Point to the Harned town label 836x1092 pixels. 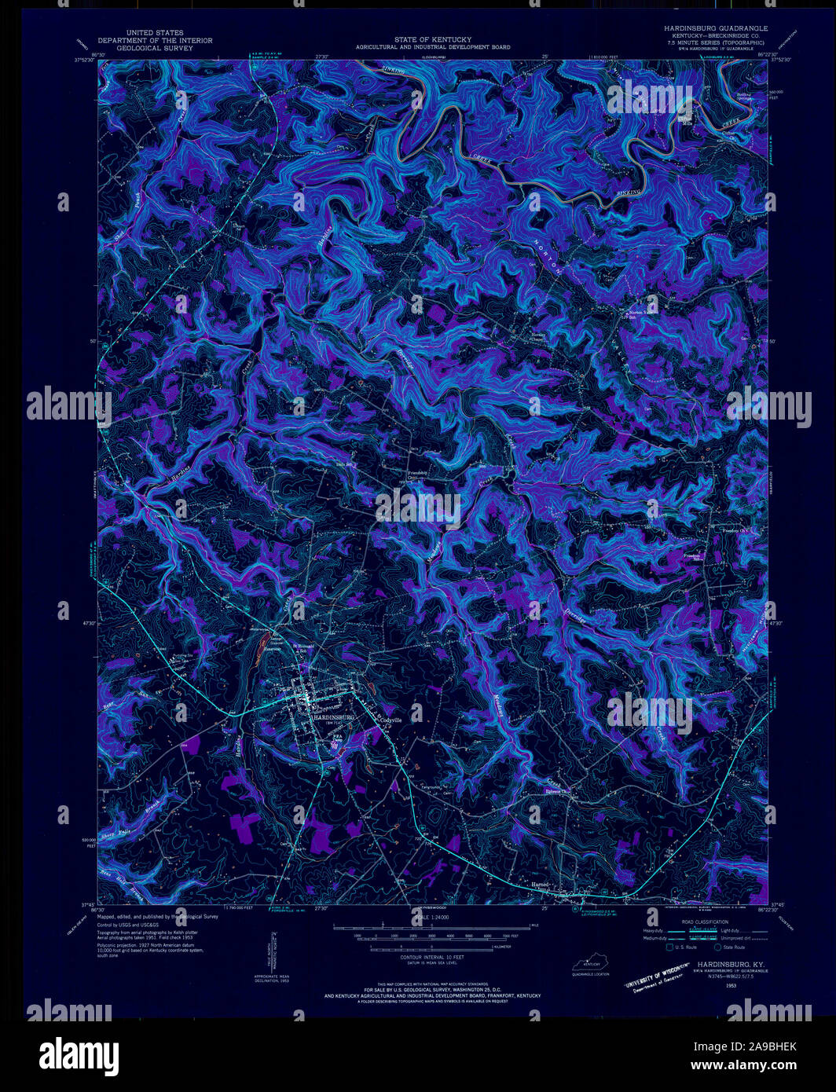click(x=540, y=885)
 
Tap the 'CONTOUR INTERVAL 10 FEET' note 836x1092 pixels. click(x=432, y=958)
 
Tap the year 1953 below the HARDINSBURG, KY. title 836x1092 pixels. click(x=731, y=984)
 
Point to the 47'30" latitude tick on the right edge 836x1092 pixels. click(x=777, y=623)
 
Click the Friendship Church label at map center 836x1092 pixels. click(x=416, y=475)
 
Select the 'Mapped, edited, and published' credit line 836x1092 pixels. click(x=157, y=916)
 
